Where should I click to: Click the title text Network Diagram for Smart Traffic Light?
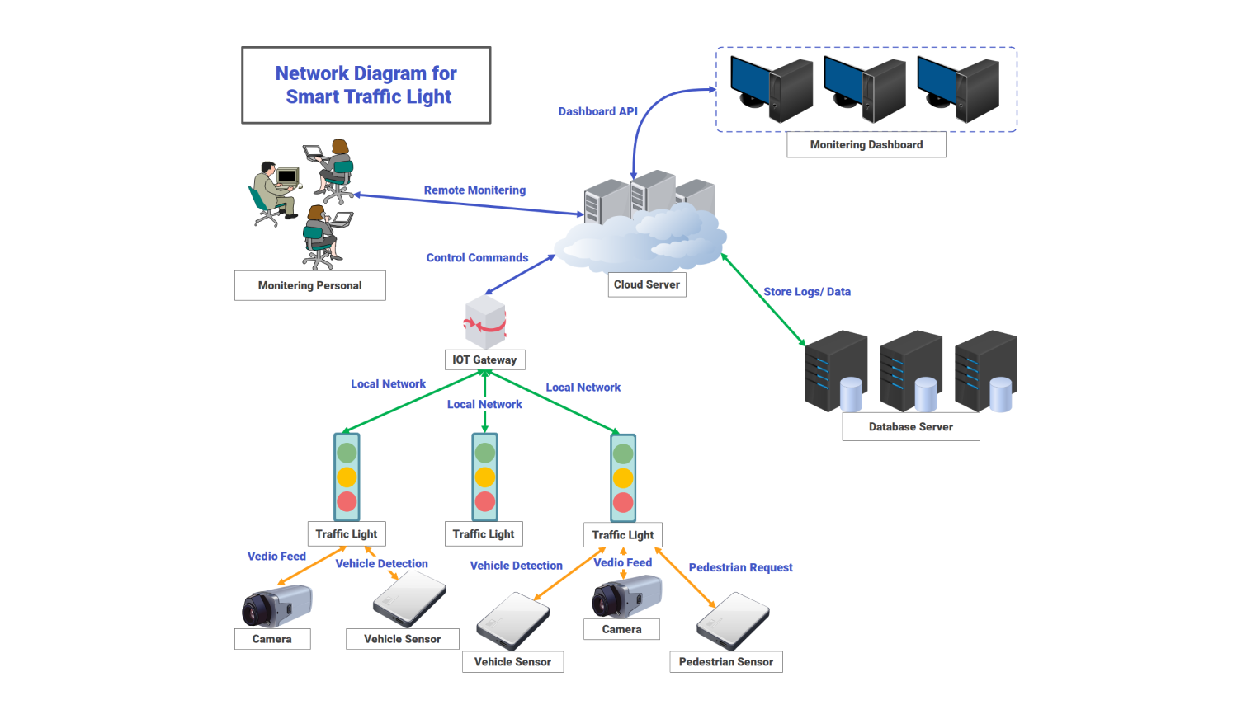pos(366,85)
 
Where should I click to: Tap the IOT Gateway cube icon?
pos(485,322)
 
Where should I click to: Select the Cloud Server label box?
pos(647,284)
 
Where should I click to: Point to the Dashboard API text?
pos(597,111)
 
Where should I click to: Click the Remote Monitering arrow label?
pos(474,190)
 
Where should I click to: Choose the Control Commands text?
pos(477,258)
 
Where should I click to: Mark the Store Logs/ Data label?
pos(806,292)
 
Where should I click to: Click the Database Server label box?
pos(910,427)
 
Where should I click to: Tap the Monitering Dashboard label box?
pos(866,144)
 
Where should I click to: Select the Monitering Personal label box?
pos(309,285)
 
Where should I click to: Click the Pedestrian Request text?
pos(740,567)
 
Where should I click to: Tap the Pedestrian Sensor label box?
pos(725,662)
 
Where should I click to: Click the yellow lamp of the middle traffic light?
pos(485,477)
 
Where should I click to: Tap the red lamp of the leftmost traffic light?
pos(347,501)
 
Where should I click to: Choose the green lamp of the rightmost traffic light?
pos(623,453)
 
